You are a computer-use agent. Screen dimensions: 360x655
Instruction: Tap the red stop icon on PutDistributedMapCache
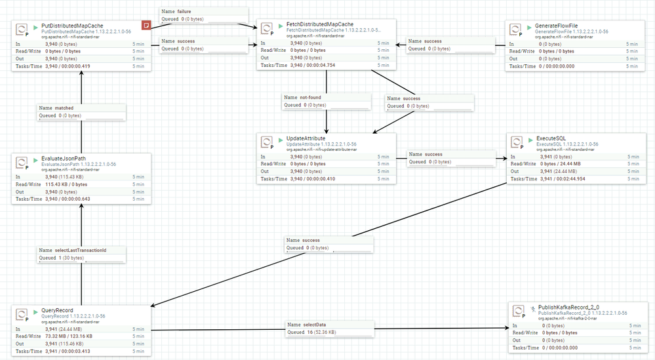click(146, 24)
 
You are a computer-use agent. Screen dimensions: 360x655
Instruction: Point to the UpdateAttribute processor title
click(306, 138)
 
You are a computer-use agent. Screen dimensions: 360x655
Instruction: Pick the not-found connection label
click(312, 97)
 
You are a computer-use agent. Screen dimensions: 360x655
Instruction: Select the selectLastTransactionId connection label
click(81, 250)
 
